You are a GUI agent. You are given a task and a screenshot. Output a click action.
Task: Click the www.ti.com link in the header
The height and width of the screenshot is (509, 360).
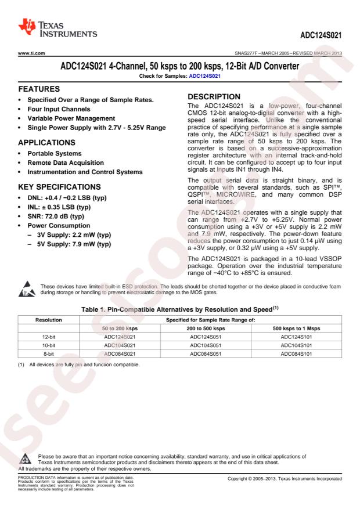pos(23,55)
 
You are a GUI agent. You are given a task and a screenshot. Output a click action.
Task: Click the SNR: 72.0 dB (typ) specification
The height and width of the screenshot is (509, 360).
pos(54,215)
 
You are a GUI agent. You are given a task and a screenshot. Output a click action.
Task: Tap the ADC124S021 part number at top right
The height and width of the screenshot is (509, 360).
pos(321,35)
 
